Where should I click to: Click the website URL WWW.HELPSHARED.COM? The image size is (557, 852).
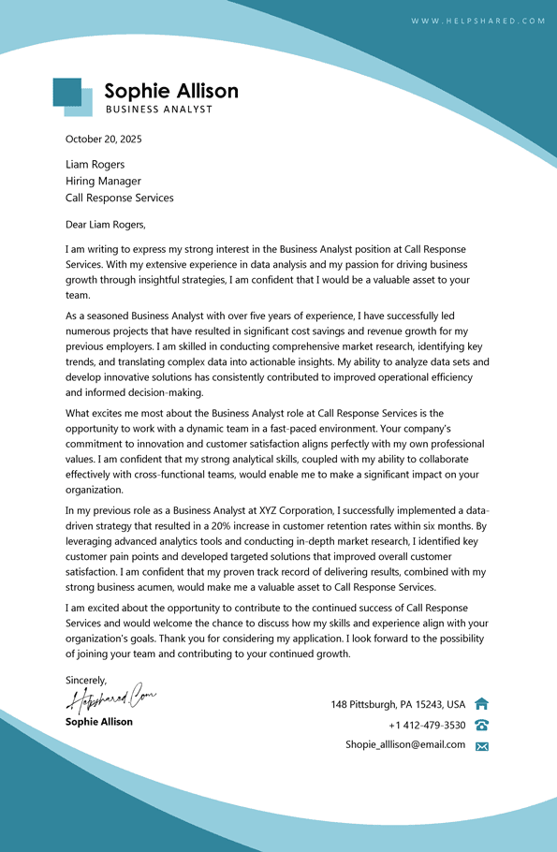tap(477, 21)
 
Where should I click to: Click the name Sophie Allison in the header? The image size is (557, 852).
tap(171, 91)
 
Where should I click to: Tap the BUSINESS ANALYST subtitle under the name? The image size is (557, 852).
tap(159, 110)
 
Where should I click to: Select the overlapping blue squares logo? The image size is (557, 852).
tap(72, 96)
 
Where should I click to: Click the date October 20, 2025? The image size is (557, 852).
tap(103, 140)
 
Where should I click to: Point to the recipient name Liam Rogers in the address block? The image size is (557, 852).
tap(95, 165)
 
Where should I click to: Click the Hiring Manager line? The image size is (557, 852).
tap(103, 182)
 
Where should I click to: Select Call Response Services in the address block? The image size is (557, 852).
tap(119, 198)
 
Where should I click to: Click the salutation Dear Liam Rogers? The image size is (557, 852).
tap(106, 225)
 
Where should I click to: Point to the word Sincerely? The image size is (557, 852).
tap(86, 681)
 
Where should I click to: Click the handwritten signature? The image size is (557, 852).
tap(110, 698)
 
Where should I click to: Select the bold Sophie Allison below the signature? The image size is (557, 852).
tap(99, 722)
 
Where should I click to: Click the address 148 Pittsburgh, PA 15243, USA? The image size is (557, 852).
tap(398, 704)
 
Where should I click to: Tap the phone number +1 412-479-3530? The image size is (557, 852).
tap(427, 725)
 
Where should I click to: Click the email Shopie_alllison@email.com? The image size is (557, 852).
tap(405, 745)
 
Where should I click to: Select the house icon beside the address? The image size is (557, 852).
tap(482, 704)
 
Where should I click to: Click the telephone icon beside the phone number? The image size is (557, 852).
tap(482, 725)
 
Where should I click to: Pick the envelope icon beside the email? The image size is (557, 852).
tap(482, 746)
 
